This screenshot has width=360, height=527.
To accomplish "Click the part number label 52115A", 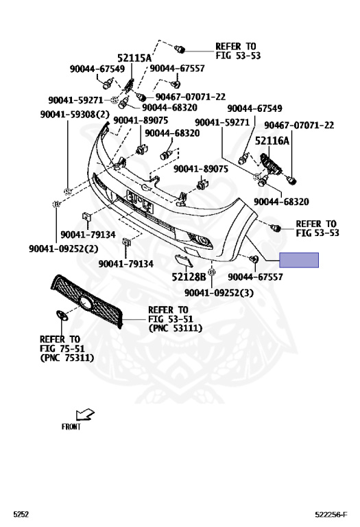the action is coord(134,58).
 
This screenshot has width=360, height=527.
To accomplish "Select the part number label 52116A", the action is coord(272,141).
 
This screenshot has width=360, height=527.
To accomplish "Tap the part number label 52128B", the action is coord(189,277).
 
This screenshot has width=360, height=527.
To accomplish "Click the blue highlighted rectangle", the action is coord(299,260).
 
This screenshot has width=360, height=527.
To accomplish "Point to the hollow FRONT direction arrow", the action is coord(85,414).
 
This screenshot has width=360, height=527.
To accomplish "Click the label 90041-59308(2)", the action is coord(75,115).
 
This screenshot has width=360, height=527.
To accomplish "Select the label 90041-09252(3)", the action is coord(219,293).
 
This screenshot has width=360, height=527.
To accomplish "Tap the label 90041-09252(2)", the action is coord(64,248).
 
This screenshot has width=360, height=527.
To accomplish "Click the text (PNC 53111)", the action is coord(176,328).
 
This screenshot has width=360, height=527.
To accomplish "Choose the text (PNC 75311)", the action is coord(67,358).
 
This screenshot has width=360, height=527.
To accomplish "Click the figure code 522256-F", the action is coord(331,515).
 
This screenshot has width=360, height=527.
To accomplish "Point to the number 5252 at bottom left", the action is coord(21,514).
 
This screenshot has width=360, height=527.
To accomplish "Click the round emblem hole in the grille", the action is coord(86,303).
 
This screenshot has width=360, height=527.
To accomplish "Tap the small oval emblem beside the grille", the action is coord(62,315).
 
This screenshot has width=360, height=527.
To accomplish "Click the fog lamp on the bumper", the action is coord(201,239).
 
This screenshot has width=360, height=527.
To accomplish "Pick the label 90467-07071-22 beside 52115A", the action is coord(191,97).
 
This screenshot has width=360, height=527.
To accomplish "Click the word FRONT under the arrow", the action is coord(71,427).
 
